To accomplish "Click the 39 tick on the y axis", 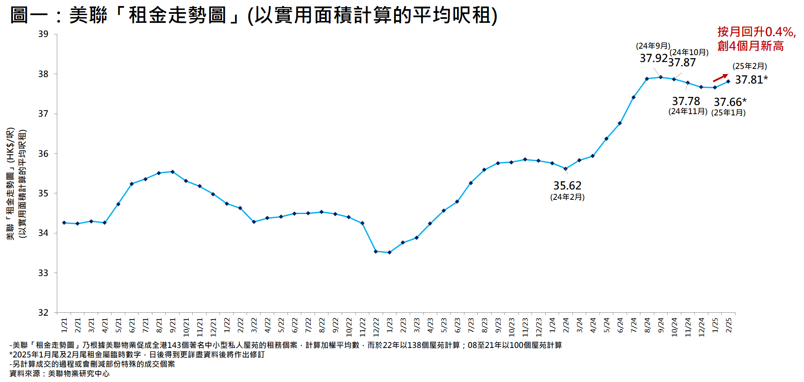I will (x=43, y=34).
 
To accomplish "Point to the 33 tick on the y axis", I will (x=43, y=273).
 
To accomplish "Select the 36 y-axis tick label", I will (x=43, y=154).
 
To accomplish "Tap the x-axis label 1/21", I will (x=64, y=325).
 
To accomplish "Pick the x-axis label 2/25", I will (x=729, y=325).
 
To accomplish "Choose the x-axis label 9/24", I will (x=661, y=325).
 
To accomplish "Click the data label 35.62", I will (x=567, y=186).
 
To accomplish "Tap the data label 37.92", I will (x=653, y=58).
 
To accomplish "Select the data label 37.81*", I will (x=751, y=80).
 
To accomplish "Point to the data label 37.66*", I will (x=730, y=102).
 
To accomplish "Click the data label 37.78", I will (x=686, y=101).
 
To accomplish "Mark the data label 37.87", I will (x=682, y=62).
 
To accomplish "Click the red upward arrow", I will (x=720, y=78).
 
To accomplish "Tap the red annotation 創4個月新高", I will (x=750, y=46).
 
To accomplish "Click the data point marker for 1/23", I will (x=390, y=252).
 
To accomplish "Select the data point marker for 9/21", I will (x=173, y=172).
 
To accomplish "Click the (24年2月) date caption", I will (x=567, y=197).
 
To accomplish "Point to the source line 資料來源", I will (x=59, y=373).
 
